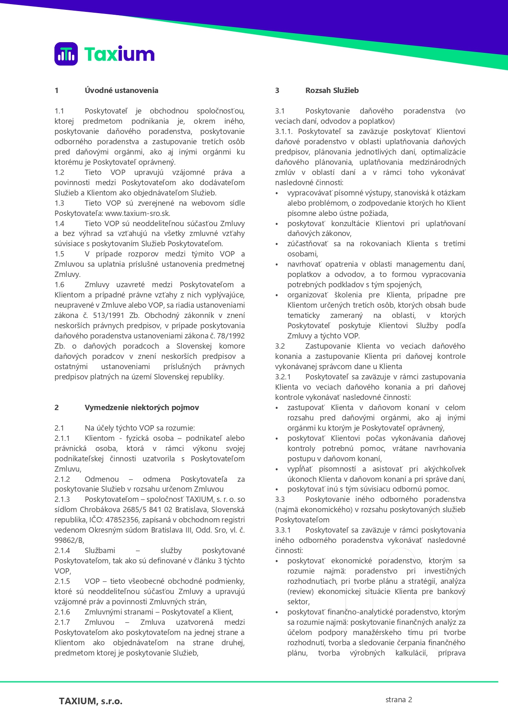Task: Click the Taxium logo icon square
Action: (66, 54)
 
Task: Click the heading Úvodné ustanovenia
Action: (121, 91)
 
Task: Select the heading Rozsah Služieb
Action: (332, 91)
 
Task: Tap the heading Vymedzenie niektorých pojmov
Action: (142, 408)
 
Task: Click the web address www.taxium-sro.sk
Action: (137, 213)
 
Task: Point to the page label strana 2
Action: (398, 700)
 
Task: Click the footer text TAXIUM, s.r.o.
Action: (90, 701)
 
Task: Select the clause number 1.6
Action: (59, 285)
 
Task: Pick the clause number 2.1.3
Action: (62, 499)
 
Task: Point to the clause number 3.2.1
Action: (283, 377)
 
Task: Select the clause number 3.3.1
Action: (283, 530)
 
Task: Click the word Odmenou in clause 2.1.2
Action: (102, 479)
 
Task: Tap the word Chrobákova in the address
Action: (99, 510)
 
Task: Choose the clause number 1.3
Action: (59, 203)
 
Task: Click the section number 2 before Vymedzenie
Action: (56, 408)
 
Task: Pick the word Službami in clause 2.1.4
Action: (100, 551)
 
